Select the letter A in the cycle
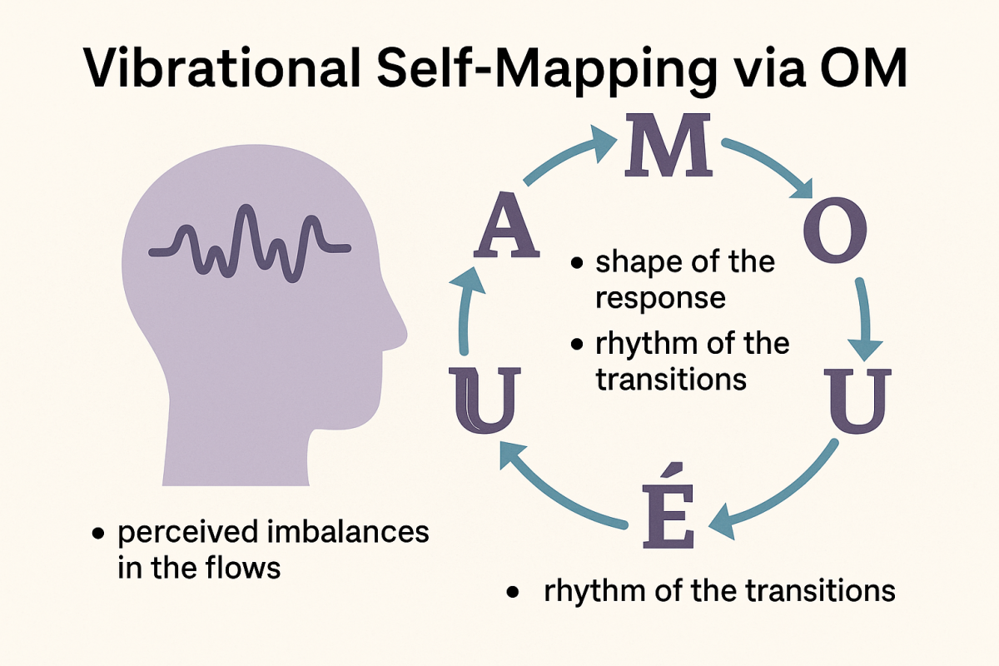point(504,231)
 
